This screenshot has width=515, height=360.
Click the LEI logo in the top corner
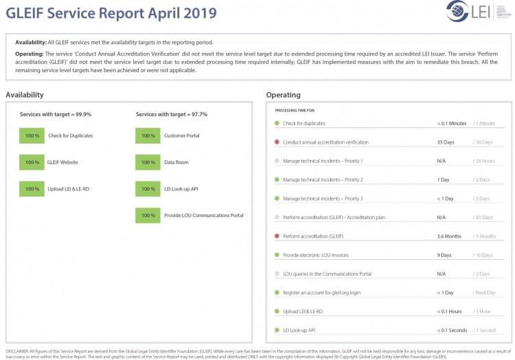coord(469,12)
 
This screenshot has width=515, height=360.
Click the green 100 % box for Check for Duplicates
coord(32,136)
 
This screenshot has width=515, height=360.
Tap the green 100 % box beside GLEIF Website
coord(32,163)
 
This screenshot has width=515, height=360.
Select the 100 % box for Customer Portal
coord(148,136)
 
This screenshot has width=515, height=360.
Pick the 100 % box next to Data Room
coord(148,163)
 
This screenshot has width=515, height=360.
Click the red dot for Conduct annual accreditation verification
coord(277,142)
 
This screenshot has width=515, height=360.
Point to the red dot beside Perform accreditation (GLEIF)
coord(277,236)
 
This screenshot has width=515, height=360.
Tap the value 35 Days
coord(445,142)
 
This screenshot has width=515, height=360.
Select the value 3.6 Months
coord(449,236)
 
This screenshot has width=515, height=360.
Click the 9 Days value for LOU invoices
coord(444,255)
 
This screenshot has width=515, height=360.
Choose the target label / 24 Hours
coord(484,161)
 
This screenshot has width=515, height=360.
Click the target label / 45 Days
coord(483,217)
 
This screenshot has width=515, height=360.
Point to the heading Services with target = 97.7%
coord(172,114)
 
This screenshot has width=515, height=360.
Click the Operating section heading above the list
coord(283,95)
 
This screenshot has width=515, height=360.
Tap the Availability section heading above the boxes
coord(25,95)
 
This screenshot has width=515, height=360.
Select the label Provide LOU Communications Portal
coord(203,216)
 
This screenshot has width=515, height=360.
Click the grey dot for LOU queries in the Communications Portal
coord(277,273)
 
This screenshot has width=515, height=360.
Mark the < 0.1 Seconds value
coord(453,330)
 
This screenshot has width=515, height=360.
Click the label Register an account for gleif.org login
coord(322,293)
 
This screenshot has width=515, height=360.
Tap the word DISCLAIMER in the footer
coord(17,351)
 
